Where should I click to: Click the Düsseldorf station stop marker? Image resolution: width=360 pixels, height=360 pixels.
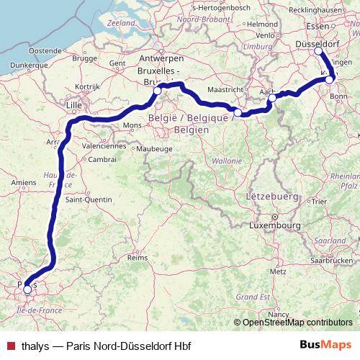[x=319, y=51]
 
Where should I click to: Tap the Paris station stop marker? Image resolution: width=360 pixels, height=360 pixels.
[x=27, y=289]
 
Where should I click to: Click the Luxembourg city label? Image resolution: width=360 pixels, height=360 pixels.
[x=274, y=225]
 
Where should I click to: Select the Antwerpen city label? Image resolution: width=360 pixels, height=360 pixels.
[x=160, y=57]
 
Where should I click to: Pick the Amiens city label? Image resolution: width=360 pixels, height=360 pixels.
[x=24, y=184]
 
